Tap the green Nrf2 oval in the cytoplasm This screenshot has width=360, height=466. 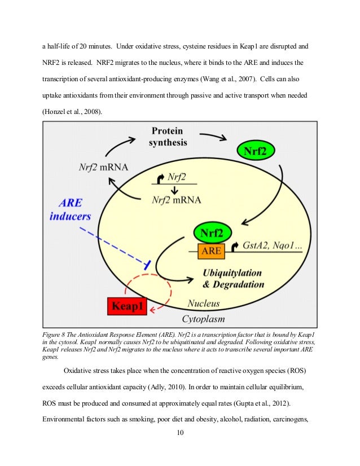[x=259, y=151]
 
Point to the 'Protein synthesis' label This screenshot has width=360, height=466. [x=168, y=135]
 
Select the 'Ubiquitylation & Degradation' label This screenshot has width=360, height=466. [x=232, y=278]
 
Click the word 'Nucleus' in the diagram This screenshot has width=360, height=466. [x=204, y=304]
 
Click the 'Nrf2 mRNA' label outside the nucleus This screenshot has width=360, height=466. [x=103, y=167]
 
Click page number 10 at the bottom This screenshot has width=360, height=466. [x=180, y=433]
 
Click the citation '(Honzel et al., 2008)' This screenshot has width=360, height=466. [x=74, y=112]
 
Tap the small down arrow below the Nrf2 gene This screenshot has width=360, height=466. [x=174, y=190]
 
